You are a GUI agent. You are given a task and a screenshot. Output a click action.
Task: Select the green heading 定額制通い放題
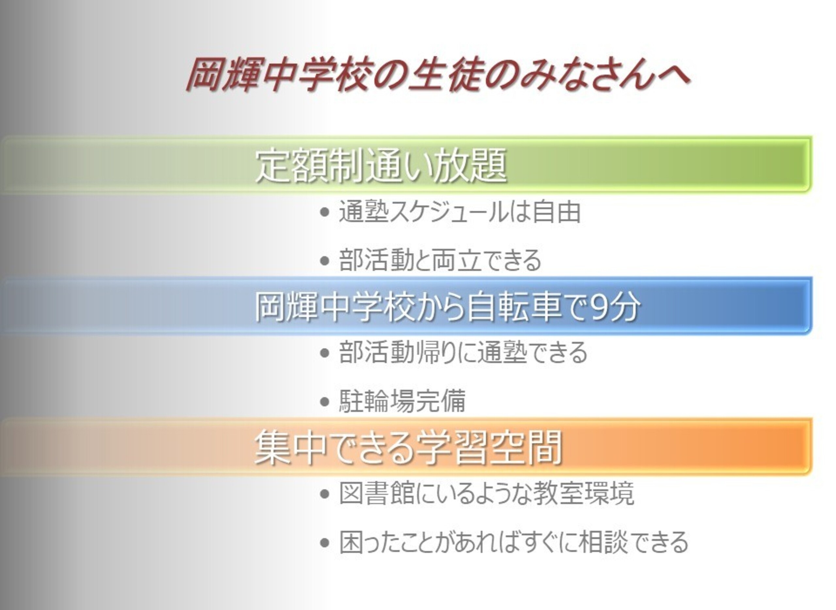point(381,166)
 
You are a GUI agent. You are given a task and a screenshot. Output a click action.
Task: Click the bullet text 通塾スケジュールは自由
point(460,212)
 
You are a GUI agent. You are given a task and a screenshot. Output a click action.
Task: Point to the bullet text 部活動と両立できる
point(440,260)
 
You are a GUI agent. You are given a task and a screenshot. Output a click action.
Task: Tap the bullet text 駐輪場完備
point(402,400)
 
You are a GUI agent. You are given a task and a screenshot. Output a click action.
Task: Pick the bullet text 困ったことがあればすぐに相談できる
point(514,542)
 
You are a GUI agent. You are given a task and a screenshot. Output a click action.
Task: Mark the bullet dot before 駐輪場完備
point(325,401)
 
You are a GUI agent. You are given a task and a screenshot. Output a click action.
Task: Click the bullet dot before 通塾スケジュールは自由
point(325,213)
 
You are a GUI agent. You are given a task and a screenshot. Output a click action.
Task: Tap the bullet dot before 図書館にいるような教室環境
point(325,494)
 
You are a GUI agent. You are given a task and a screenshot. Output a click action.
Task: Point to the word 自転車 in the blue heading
point(514,307)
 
